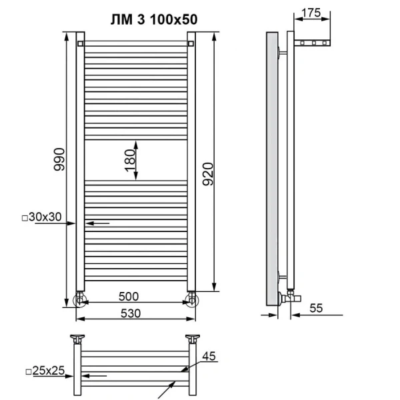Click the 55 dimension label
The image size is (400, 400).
(x=316, y=307)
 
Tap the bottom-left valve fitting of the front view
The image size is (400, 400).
(x=80, y=298)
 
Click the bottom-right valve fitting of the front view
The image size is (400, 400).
(x=193, y=298)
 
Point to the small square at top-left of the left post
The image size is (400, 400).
(x=80, y=45)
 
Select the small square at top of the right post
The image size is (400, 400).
(x=191, y=45)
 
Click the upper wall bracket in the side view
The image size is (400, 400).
(x=284, y=51)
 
